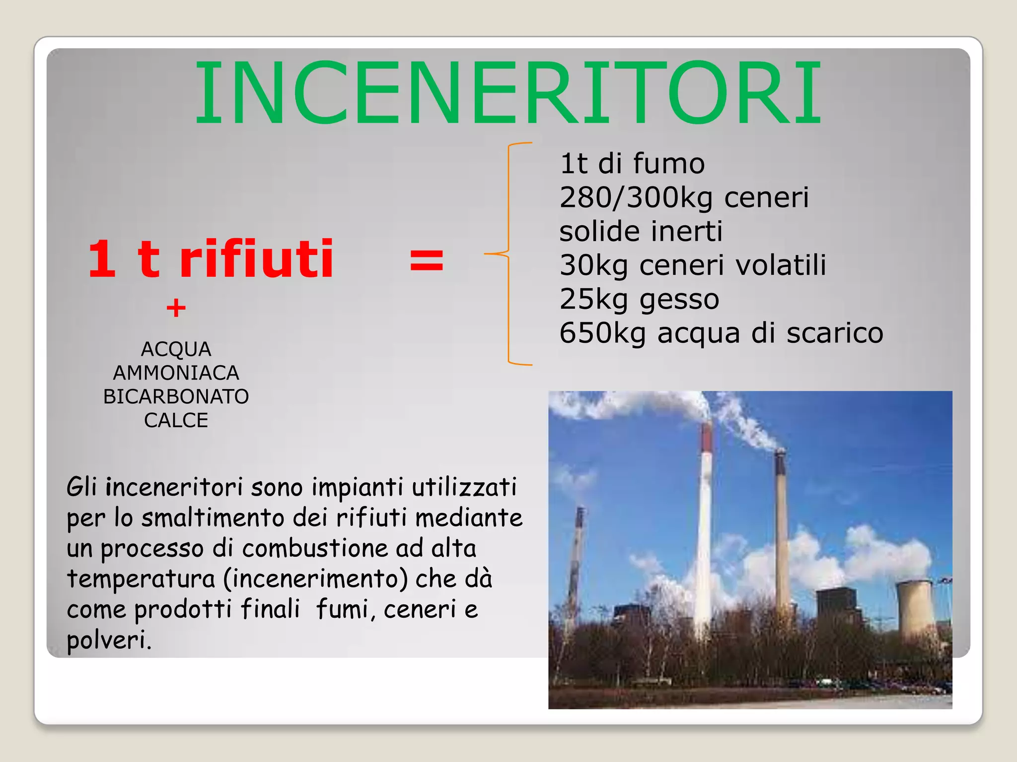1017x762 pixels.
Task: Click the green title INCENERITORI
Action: click(x=508, y=92)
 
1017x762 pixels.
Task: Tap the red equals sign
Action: click(x=426, y=260)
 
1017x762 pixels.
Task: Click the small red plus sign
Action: click(x=176, y=308)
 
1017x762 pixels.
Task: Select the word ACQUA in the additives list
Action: click(x=176, y=349)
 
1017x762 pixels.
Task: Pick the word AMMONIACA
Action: click(x=176, y=373)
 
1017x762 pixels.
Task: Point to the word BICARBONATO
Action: click(x=176, y=397)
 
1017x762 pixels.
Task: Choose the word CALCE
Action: click(x=176, y=421)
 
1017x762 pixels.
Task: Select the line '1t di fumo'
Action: click(x=632, y=164)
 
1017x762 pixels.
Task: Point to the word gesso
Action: click(x=679, y=300)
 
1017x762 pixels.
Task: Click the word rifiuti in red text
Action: click(x=256, y=259)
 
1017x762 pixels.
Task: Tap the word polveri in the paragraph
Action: click(x=108, y=640)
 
